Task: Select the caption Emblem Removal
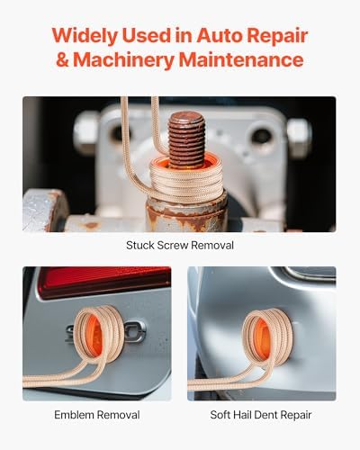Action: [96, 415]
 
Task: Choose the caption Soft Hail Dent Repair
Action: [261, 415]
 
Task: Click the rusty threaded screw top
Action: [189, 135]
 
